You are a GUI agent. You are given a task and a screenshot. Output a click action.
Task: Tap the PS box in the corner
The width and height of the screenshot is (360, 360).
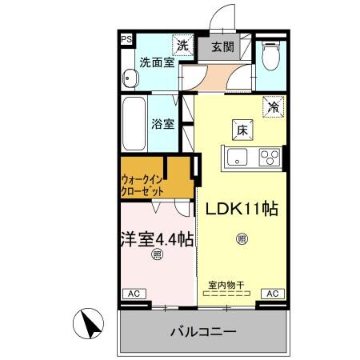point(126,38)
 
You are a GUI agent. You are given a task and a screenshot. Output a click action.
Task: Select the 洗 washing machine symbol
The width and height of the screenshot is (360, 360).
point(184,46)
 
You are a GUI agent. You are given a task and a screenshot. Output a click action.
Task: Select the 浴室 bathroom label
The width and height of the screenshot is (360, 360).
point(162,124)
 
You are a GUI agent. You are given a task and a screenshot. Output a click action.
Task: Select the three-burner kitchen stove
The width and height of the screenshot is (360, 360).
point(270,158)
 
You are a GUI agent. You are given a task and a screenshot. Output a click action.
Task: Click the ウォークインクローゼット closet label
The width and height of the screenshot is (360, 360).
point(145,186)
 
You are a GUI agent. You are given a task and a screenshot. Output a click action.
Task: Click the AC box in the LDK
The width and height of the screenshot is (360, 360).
point(272,294)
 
